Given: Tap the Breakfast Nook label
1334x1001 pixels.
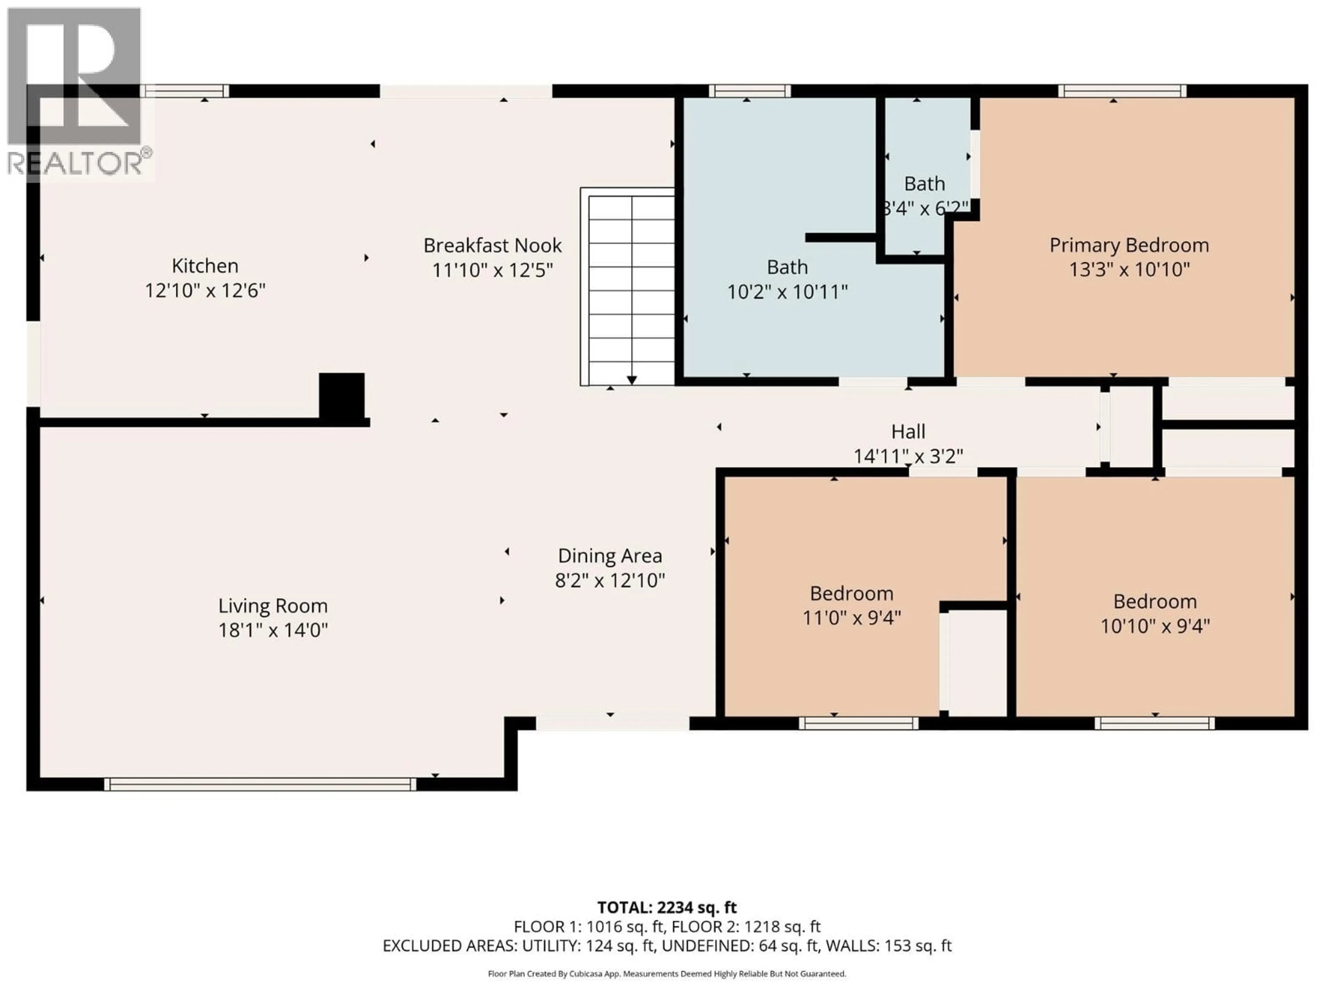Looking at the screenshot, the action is point(492,246).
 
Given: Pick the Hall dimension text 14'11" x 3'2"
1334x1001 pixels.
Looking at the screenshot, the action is point(908,456).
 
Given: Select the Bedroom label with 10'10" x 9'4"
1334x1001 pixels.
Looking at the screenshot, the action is point(1154,602).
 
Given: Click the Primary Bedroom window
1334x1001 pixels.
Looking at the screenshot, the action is point(1122,91).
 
